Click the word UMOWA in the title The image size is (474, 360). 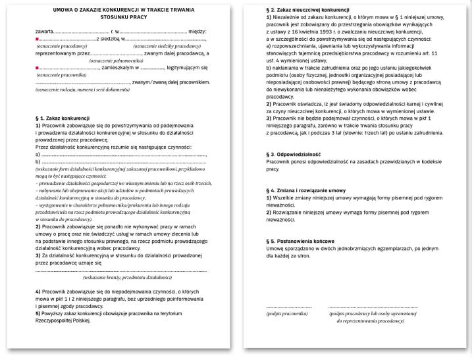pyautogui.click(x=65, y=11)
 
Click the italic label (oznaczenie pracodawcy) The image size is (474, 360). pyautogui.click(x=62, y=47)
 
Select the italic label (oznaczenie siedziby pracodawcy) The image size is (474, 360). pyautogui.click(x=167, y=47)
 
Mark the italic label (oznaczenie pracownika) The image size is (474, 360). pyautogui.click(x=61, y=76)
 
